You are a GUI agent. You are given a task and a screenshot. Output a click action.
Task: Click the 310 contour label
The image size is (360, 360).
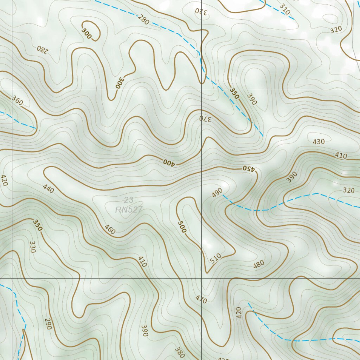(285, 9)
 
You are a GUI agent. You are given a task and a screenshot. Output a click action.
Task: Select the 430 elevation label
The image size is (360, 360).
(319, 142)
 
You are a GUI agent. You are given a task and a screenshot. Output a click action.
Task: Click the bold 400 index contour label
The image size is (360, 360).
(169, 162)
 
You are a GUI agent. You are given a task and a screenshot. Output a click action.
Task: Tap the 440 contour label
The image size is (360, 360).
(48, 189)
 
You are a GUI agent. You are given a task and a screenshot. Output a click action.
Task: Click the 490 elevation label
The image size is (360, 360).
(217, 192)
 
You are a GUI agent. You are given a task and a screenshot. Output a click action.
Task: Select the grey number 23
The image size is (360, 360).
(129, 200)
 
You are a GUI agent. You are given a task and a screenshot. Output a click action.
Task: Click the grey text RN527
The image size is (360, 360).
(129, 210)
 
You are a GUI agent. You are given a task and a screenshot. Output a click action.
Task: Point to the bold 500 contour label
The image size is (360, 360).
(182, 227)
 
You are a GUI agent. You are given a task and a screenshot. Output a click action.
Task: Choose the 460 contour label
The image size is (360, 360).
(110, 229)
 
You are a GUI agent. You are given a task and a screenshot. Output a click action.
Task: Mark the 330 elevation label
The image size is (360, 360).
(33, 247)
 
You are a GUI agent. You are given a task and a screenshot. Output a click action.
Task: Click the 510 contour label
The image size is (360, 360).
(216, 258)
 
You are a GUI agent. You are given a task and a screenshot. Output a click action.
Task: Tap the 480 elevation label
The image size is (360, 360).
(258, 264)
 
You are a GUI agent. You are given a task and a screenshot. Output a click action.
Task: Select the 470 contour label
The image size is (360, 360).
(201, 299)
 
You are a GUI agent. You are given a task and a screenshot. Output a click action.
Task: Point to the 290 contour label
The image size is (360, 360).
(48, 324)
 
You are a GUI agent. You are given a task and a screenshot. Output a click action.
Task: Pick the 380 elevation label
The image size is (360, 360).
(179, 352)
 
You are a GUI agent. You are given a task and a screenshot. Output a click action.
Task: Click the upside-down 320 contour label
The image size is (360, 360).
(201, 12)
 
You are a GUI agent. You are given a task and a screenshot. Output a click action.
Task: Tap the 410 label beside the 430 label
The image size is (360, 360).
(341, 155)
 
